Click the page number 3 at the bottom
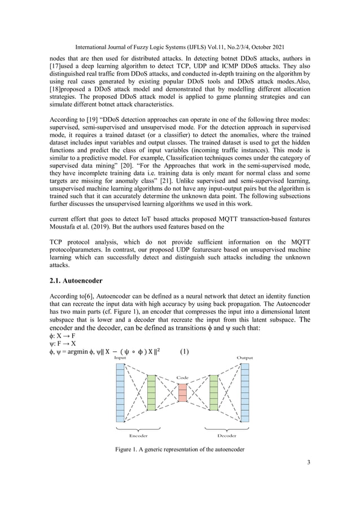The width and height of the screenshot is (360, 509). tap(309, 464)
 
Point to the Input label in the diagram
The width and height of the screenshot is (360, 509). tap(120, 358)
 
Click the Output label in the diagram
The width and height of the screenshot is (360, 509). tap(244, 358)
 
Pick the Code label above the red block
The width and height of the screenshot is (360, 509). tap(182, 378)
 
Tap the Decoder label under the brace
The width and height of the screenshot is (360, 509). tap(228, 436)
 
